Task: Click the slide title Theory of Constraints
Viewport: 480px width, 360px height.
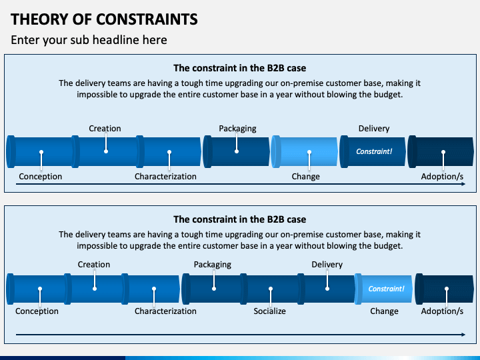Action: [104, 19]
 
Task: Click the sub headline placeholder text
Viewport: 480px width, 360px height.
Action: [89, 40]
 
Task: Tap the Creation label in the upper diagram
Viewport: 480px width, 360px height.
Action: [105, 128]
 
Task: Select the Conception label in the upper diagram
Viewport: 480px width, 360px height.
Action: [41, 176]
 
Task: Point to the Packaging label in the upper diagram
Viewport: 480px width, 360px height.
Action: [237, 129]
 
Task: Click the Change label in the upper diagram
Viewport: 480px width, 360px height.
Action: [305, 177]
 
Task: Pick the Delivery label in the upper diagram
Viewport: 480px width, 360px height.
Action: [374, 129]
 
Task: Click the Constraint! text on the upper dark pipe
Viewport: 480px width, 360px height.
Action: [374, 151]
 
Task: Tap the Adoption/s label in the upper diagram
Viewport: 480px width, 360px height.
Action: [442, 177]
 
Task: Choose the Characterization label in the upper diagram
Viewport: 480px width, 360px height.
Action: [165, 176]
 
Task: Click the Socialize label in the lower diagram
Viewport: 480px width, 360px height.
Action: [270, 311]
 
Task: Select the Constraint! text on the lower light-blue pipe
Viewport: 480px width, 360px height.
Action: [386, 289]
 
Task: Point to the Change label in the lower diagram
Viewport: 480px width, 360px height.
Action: [384, 311]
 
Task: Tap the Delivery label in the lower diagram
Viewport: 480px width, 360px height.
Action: [327, 265]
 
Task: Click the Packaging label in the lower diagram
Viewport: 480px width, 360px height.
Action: [213, 265]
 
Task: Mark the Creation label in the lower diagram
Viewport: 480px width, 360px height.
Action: [94, 264]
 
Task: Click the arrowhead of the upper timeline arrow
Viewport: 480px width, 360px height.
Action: [463, 184]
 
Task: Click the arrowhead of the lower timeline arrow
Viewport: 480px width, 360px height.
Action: [463, 335]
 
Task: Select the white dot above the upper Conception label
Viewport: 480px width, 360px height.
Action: [41, 152]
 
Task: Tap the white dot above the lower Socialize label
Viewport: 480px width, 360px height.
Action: [271, 289]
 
